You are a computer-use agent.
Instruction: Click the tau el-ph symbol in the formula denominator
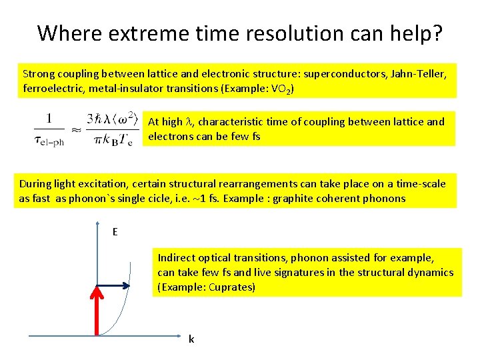47,141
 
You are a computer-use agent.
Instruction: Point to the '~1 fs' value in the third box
231,198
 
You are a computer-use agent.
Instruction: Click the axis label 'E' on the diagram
115,232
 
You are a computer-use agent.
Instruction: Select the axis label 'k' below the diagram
191,339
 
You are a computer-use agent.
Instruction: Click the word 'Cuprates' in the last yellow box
232,287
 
